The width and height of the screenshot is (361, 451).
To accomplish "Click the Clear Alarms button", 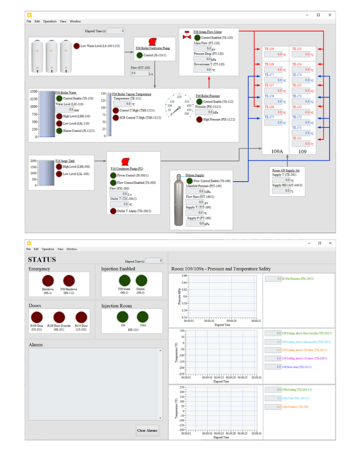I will tap(147, 430).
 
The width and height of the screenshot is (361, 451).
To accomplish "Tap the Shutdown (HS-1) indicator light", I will tap(48, 281).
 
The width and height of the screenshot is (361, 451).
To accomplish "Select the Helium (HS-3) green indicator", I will tap(141, 281).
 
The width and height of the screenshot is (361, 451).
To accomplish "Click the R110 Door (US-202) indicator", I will tap(81, 317).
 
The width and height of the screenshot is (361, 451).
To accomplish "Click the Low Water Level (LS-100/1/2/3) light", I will tap(76, 46).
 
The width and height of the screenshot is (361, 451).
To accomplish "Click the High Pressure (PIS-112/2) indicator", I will tap(199, 120).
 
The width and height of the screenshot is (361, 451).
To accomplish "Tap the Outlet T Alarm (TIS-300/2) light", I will tap(113, 211).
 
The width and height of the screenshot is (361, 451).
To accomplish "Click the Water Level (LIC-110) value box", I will tap(65, 110).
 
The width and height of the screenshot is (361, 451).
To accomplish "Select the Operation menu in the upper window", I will tap(50, 21).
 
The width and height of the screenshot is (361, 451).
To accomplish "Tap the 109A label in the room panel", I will tap(277, 152).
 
